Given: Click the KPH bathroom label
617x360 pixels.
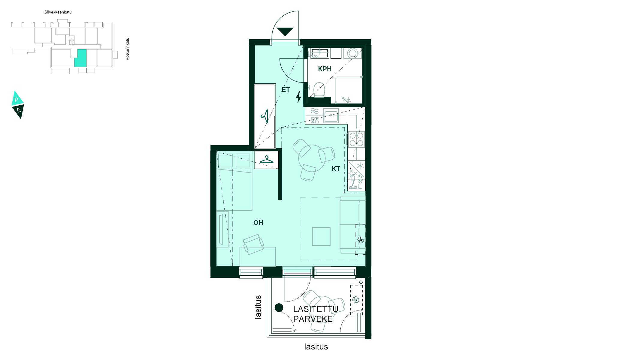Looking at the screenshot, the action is pos(325,69).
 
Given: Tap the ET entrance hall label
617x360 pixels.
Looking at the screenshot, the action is pos(286,90).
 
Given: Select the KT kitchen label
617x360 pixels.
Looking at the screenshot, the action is pos(336,169).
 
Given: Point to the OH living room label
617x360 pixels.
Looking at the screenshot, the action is pos(258,223).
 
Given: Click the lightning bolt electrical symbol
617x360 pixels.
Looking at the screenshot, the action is pos(298,97).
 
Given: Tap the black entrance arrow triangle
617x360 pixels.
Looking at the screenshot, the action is pos(285,31).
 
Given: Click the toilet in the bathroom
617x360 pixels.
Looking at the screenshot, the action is pos(319,90).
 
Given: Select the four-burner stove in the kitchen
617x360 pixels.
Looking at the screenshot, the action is pos(356,139).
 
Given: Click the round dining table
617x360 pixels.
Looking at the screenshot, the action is pos(312,158).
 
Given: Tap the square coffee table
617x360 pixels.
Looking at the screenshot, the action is pos(321,236).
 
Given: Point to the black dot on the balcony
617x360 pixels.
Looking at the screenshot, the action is pos(279,307).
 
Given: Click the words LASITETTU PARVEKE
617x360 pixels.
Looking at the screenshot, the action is pos(316,314).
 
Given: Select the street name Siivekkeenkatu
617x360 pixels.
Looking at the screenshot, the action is pos(58,12).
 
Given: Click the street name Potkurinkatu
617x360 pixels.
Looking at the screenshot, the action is pos(127,49).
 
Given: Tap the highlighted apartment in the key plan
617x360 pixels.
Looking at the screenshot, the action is pos(81,58).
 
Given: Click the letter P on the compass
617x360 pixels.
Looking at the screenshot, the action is pos(17,100).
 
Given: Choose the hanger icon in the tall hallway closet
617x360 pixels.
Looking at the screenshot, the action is pos(265,116).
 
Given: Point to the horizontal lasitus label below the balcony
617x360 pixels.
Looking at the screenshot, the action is pos(316,347).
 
